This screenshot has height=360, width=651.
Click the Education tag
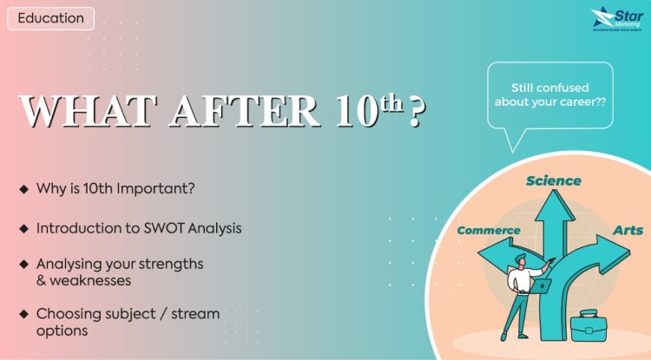pyautogui.click(x=50, y=18)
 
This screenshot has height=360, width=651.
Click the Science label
pyautogui.click(x=553, y=180)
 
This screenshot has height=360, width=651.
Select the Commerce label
pyautogui.click(x=488, y=231)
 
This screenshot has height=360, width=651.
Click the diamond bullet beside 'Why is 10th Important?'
pyautogui.click(x=23, y=189)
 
